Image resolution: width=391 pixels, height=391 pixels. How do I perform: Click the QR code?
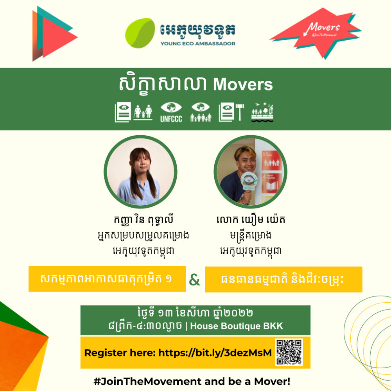coord(289,352)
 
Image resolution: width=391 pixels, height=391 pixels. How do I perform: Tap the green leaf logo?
coord(140,33)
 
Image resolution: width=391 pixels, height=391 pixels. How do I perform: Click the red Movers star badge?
coord(316,33)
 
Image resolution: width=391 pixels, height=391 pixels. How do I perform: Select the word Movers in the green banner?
coord(243,85)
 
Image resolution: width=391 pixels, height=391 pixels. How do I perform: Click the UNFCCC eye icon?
coord(171,112)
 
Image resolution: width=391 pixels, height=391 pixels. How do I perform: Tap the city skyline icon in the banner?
coord(262,112)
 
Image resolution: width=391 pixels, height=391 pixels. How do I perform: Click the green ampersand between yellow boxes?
coord(195,280)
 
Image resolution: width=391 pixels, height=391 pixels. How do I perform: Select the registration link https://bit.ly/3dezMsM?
coord(215,353)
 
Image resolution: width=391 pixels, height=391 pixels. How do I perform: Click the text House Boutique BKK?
coord(237,326)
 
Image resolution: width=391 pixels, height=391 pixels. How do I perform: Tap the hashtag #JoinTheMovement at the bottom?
coord(147,382)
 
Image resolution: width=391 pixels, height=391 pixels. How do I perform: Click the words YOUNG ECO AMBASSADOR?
coord(198,44)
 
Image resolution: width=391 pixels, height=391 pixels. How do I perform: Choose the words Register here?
coord(120,353)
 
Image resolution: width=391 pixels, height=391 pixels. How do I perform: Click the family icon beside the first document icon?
coord(143,112)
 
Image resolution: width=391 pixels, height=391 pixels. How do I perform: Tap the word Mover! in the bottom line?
coord(272,382)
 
